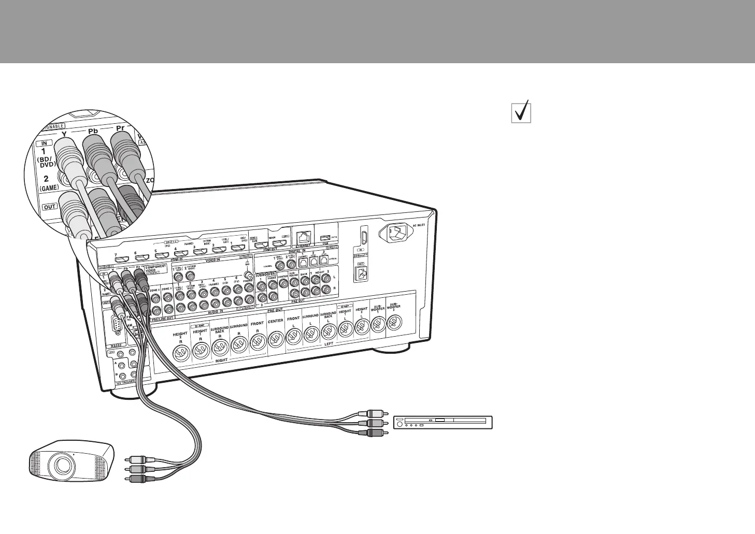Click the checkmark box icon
[521, 113]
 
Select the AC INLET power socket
[397, 234]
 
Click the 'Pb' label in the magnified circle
[93, 131]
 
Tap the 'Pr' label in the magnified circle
[120, 127]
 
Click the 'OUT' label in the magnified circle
[50, 207]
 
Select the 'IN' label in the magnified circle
[45, 142]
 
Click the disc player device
[443, 423]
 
